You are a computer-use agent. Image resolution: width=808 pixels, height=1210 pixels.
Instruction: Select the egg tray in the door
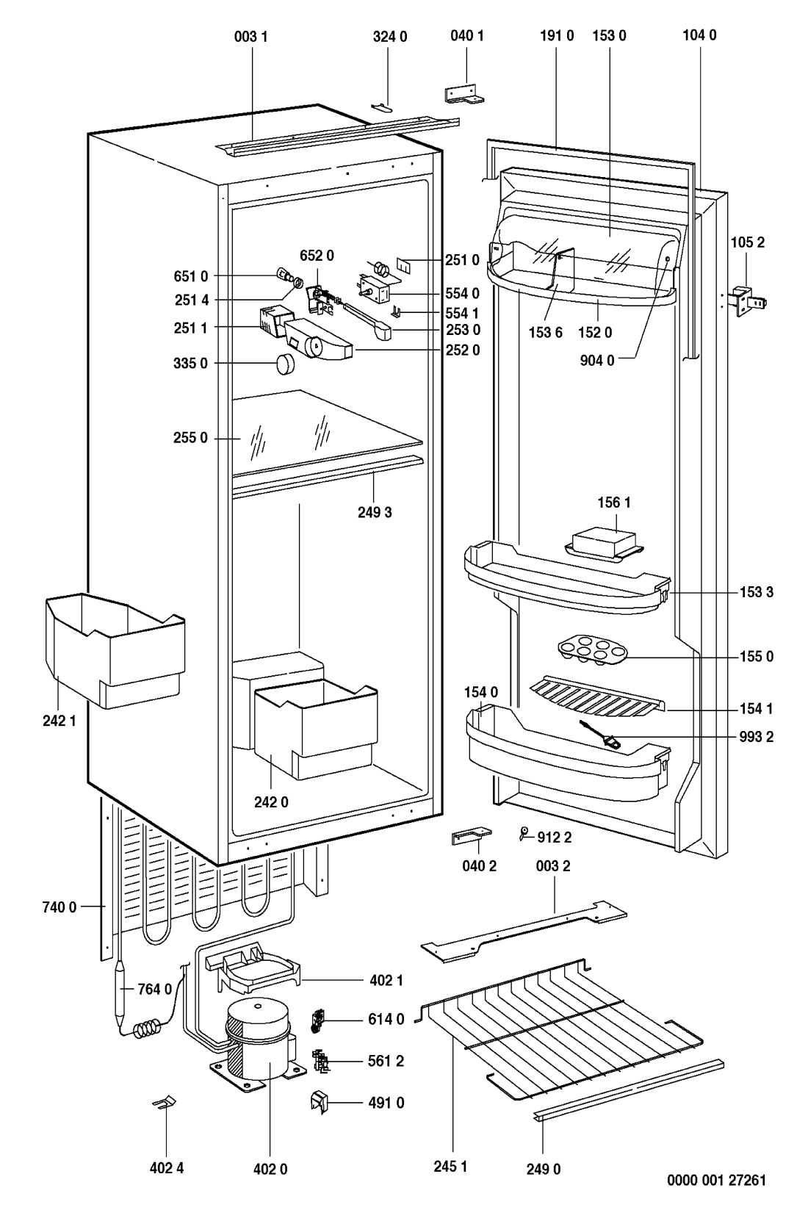[x=586, y=651]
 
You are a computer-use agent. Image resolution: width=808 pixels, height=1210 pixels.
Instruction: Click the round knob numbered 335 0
[x=284, y=364]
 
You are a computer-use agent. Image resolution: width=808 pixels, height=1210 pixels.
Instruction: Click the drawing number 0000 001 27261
[x=716, y=1181]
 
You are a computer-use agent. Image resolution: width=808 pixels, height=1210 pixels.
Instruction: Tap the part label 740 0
[x=60, y=907]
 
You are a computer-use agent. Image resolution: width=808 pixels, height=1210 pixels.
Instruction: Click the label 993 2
[x=758, y=737]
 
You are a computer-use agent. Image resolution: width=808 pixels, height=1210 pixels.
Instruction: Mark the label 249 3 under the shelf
[x=375, y=512]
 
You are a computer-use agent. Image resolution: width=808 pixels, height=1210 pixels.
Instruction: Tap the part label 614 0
[x=386, y=1018]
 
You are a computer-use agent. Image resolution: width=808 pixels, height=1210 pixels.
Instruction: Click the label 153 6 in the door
[x=544, y=332]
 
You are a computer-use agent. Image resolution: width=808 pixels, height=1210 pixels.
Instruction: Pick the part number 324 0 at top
[x=389, y=35]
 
